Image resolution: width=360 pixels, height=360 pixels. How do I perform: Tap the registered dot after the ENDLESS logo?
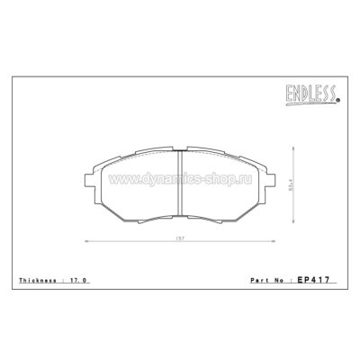pos(338,101)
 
